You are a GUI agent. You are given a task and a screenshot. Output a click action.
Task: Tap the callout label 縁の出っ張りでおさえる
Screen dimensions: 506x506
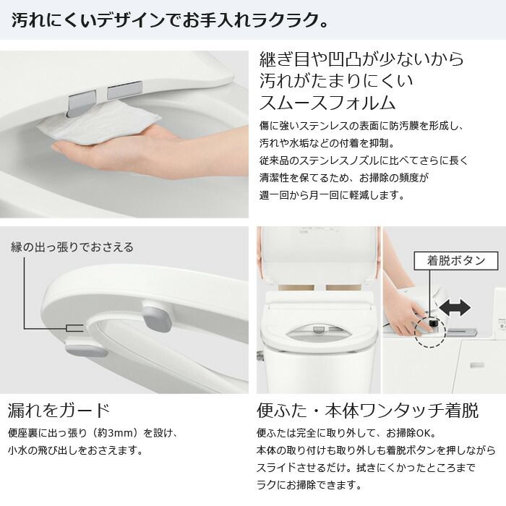(x=72, y=247)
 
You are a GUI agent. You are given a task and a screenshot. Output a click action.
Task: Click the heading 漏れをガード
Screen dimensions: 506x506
(x=59, y=411)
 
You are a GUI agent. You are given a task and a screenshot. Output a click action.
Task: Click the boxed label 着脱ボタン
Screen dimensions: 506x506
(x=450, y=260)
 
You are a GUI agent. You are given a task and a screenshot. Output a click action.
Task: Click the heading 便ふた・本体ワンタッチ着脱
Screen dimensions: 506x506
(x=367, y=411)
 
